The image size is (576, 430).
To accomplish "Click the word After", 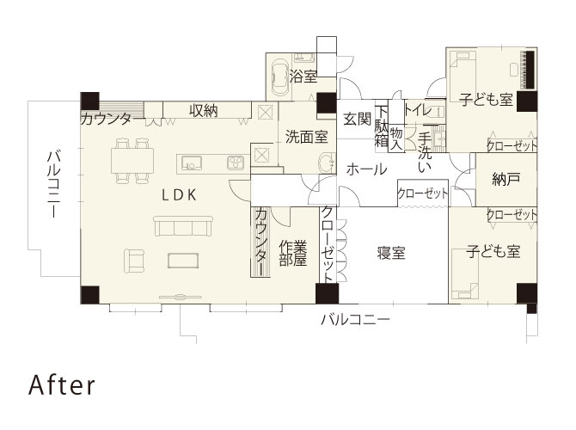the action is click(x=62, y=384).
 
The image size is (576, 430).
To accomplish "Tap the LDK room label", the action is click(x=180, y=194).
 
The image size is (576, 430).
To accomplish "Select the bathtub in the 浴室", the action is click(x=279, y=78).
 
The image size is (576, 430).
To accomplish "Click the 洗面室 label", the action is click(x=306, y=137).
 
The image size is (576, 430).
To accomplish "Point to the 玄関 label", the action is click(x=358, y=119).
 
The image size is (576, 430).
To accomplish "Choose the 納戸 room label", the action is click(x=506, y=180).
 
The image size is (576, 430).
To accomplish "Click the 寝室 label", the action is click(x=391, y=253).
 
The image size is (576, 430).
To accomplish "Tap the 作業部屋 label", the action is click(x=293, y=253).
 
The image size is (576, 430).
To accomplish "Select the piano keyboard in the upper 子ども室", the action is click(x=530, y=70).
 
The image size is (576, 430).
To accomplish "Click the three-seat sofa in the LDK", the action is click(x=183, y=226).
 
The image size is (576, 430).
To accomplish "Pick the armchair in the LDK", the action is click(x=134, y=261).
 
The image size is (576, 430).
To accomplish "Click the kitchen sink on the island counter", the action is click(x=191, y=163).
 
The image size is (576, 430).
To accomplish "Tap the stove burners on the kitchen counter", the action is click(x=236, y=163).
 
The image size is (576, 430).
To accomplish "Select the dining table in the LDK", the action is click(x=132, y=160).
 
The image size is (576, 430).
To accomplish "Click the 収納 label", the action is click(x=204, y=111).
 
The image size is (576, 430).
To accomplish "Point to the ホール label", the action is click(x=366, y=169).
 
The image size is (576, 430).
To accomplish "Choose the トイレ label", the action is click(x=418, y=109).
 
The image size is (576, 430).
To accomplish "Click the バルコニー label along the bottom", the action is click(x=355, y=319).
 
